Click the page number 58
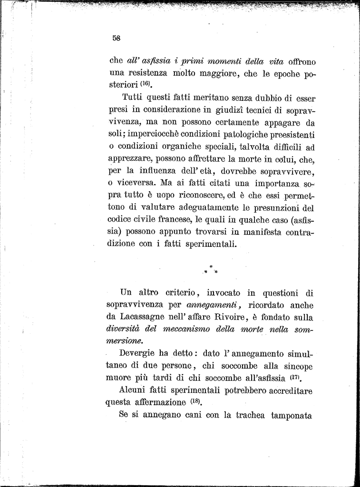pyautogui.click(x=116, y=39)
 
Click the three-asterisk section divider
pyautogui.click(x=210, y=270)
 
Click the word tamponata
pyautogui.click(x=291, y=415)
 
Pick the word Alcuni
pyautogui.click(x=135, y=390)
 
